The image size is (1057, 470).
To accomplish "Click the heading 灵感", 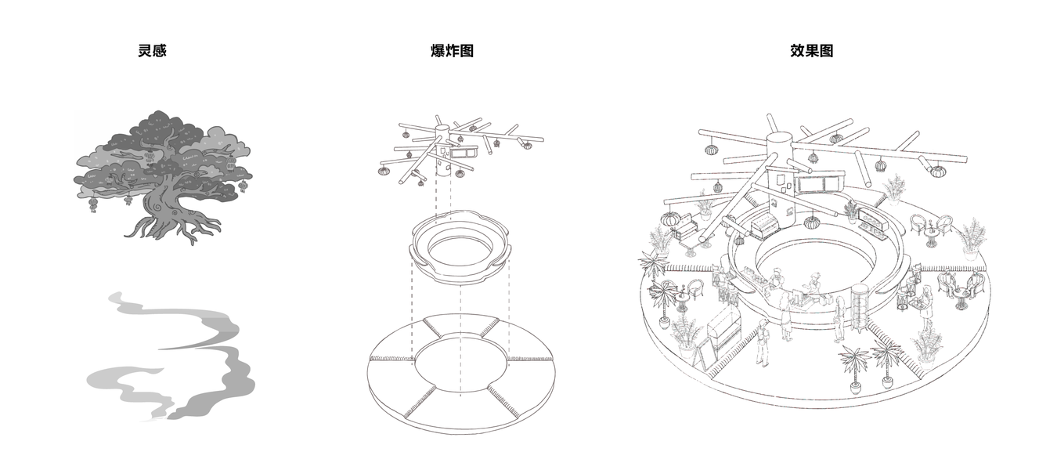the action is pos(152,51).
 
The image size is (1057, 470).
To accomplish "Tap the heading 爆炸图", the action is pos(452,51).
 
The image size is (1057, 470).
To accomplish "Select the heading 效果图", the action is pos(812,51).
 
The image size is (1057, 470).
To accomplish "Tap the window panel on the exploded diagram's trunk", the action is pos(465,152).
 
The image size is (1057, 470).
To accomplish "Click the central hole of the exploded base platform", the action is pos(461,363).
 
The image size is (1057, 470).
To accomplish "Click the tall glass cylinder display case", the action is pos(859,307).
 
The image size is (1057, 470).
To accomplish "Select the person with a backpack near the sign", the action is pos(762,342).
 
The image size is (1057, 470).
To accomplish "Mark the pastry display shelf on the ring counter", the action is pos(874,224).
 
